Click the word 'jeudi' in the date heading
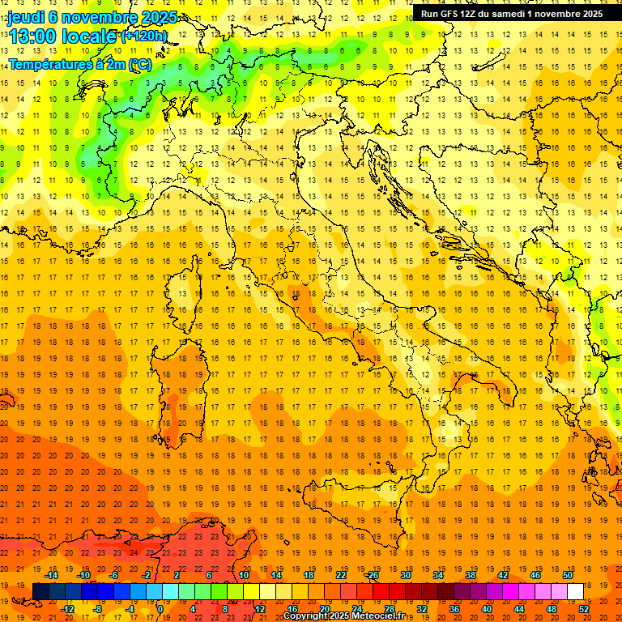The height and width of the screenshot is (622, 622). coord(24,17)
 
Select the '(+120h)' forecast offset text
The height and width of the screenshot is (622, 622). coord(144,36)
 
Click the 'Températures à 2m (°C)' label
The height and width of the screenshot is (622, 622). coord(79,64)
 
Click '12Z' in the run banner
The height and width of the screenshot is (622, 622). coord(472,14)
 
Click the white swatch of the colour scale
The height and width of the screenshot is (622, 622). coord(575,592)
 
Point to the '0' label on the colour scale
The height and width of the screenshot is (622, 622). coord(160,609)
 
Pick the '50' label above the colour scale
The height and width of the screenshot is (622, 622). coord(567,575)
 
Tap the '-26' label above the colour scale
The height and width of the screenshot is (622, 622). coord(371,575)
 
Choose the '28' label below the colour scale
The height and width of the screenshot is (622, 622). coord(388,609)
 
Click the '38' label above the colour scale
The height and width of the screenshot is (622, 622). coord(470,575)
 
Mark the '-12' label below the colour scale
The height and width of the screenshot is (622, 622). coord(67,609)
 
